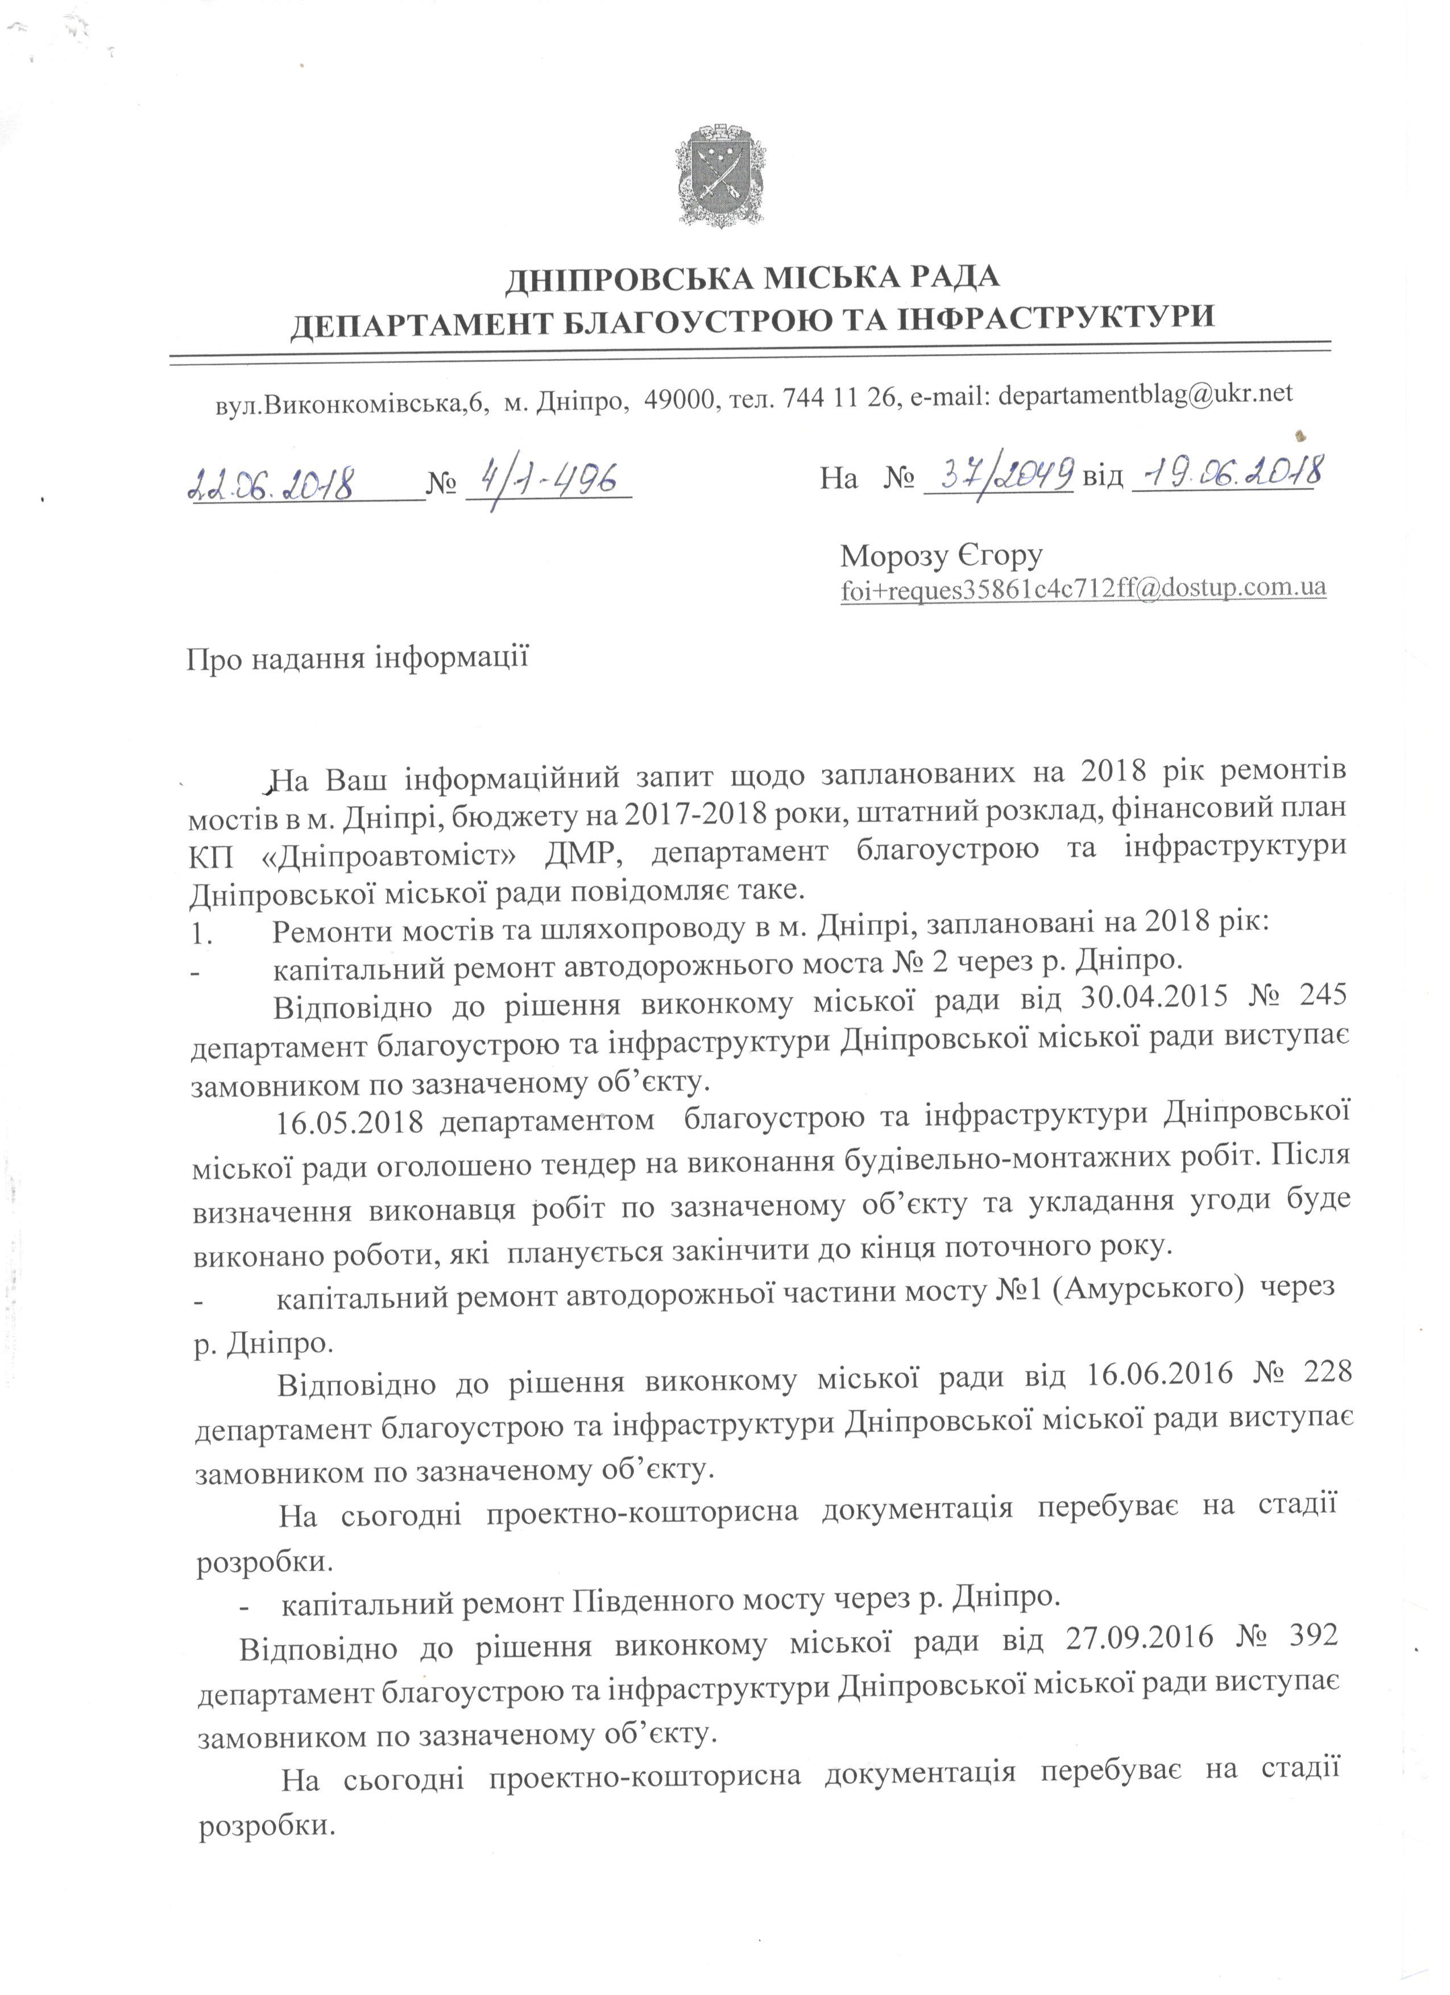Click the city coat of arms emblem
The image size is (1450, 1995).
[720, 174]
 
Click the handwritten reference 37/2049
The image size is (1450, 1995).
[999, 476]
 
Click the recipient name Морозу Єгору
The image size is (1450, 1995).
[941, 556]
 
